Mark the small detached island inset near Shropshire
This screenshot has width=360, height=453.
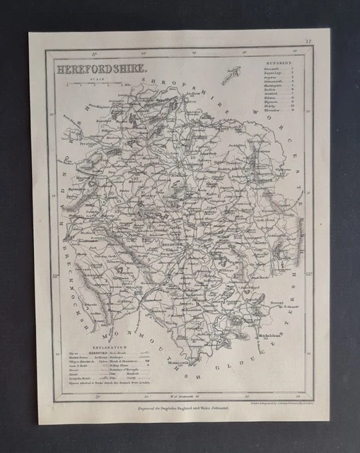click(231, 76)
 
